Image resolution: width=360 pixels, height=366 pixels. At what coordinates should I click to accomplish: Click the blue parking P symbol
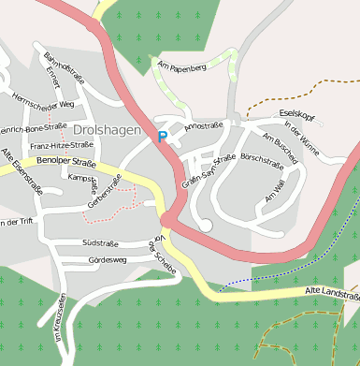[162, 137]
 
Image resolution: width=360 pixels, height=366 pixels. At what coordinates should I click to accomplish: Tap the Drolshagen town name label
[107, 130]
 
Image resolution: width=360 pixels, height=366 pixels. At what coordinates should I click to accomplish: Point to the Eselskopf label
[296, 113]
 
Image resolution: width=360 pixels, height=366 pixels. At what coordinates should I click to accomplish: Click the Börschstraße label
[262, 159]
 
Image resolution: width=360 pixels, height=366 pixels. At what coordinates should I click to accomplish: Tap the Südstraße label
[100, 242]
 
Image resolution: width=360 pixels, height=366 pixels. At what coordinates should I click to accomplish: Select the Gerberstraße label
[105, 192]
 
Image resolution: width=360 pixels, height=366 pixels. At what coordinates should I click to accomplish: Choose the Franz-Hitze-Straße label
[61, 146]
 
